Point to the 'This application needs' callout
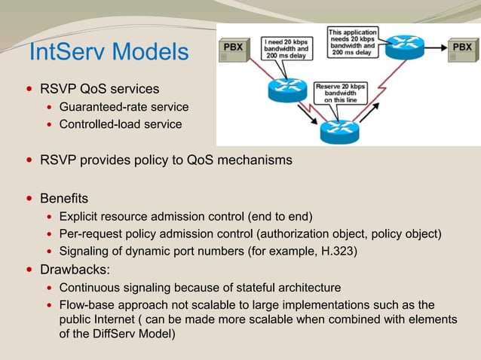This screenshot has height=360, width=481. tap(352, 41)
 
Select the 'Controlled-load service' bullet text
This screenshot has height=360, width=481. tap(121, 124)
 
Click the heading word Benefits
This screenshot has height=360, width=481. tap(64, 200)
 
